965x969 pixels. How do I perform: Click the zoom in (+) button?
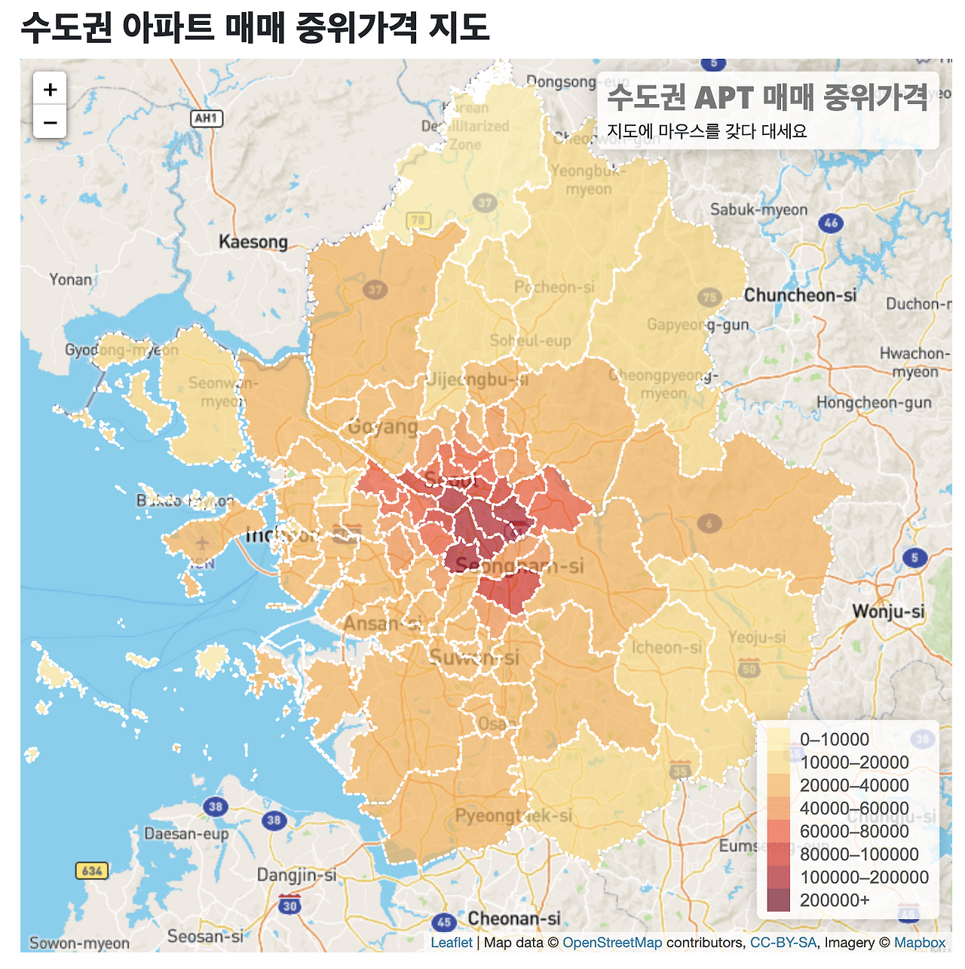[51, 90]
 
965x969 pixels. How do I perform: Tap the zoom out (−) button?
[51, 122]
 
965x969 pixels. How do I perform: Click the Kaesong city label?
[253, 242]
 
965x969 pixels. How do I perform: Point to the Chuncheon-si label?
[800, 296]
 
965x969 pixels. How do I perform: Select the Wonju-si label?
[888, 612]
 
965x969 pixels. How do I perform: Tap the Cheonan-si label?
[514, 918]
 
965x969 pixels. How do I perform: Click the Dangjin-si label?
[296, 875]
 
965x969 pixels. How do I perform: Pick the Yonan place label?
[71, 280]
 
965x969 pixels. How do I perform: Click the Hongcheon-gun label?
[874, 403]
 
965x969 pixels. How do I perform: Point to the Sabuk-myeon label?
[758, 210]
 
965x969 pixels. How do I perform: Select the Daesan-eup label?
[186, 833]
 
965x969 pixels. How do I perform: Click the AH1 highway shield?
[206, 118]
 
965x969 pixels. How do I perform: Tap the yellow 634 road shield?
[92, 871]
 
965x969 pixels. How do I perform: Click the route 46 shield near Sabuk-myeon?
[831, 222]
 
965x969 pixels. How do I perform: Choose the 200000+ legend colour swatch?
[779, 900]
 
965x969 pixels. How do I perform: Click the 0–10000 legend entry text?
[834, 740]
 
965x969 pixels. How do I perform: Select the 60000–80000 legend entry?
[854, 832]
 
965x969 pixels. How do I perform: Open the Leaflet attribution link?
[452, 943]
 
